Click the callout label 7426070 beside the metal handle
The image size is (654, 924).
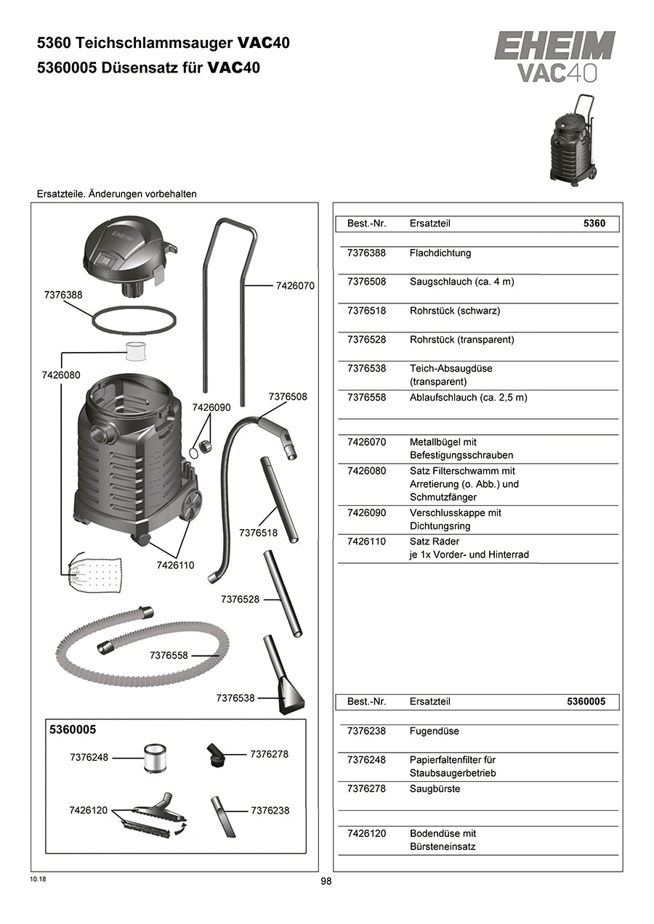[x=295, y=286]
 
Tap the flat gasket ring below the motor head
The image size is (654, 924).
[x=134, y=319]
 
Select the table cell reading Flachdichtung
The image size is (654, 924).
[x=440, y=253]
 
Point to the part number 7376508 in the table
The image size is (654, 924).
[x=367, y=282]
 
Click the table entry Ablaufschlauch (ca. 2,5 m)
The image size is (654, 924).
[x=468, y=398]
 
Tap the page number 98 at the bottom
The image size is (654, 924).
[x=326, y=881]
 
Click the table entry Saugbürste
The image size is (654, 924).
[x=435, y=789]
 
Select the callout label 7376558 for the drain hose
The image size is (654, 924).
[x=169, y=655]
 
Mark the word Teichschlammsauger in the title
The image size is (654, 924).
[x=153, y=44]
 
